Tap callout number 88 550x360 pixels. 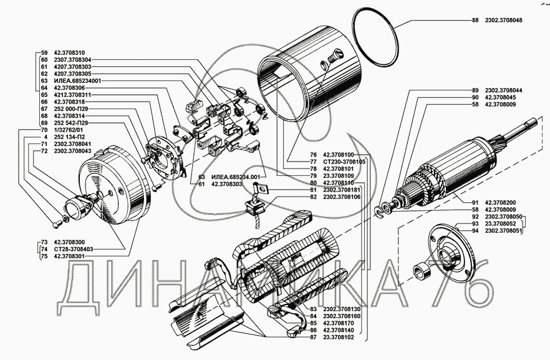(475, 21)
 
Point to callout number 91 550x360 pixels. (475, 203)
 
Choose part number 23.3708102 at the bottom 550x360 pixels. (339, 338)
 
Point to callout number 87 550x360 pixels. (313, 338)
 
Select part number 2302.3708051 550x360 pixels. (504, 231)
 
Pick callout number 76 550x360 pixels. (313, 155)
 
